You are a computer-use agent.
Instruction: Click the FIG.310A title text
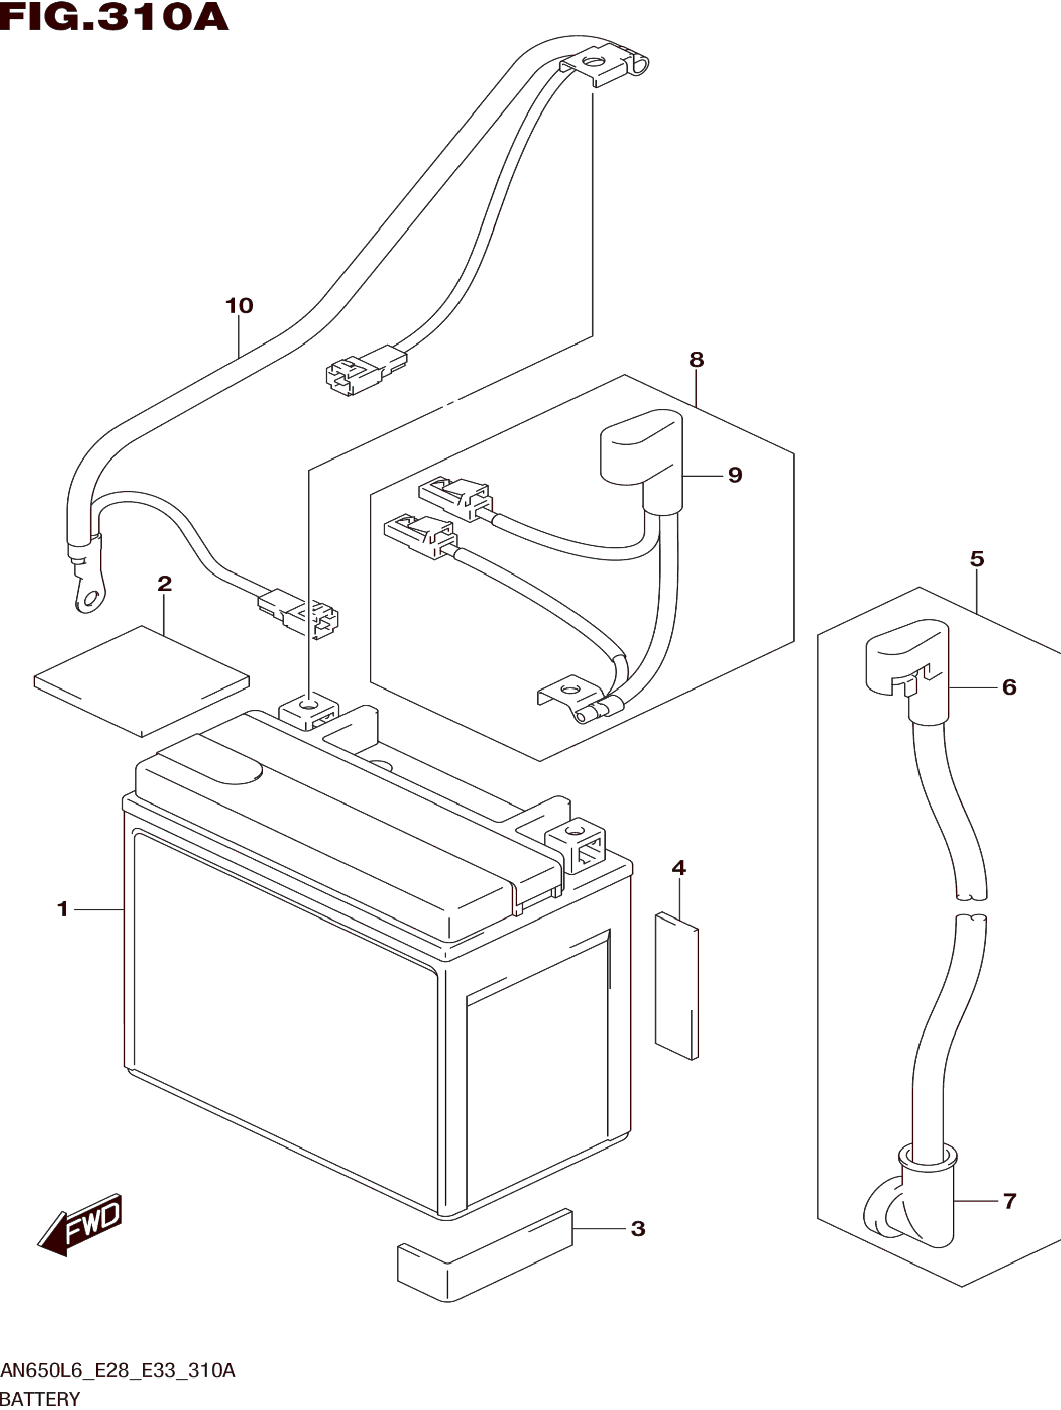point(114,17)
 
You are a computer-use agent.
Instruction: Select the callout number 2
point(164,583)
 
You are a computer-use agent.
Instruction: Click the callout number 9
point(735,475)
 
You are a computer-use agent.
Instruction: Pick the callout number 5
point(977,559)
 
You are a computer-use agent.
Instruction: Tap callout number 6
point(1009,687)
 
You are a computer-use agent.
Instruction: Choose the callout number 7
point(1009,1201)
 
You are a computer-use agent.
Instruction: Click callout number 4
point(678,868)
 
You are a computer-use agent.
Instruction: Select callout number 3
point(637,1228)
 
